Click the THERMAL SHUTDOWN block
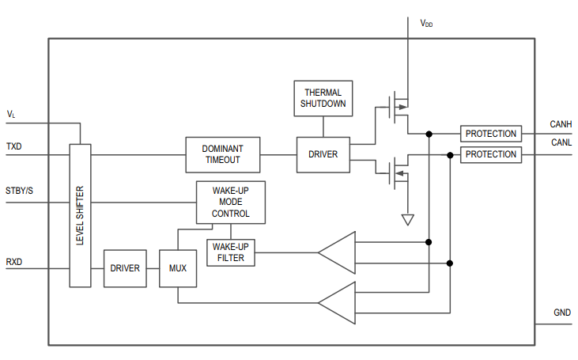pos(322,98)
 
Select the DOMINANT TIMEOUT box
pos(222,154)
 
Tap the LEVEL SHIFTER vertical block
pos(80,215)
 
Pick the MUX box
pos(177,269)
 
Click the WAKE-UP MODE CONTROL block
pos(230,203)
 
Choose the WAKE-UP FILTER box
pos(231,252)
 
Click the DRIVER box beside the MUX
pos(125,269)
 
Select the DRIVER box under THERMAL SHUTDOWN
pos(323,154)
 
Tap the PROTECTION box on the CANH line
pos(490,134)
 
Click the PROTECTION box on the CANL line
pos(490,154)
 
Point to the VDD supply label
pos(426,24)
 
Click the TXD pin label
pos(14,147)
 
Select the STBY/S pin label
pos(20,191)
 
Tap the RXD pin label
pos(14,262)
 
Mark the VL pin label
pos(11,115)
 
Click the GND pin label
pos(562,313)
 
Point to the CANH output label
pos(561,124)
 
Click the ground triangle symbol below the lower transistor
pos(407,219)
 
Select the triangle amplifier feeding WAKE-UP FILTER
pos(337,252)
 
